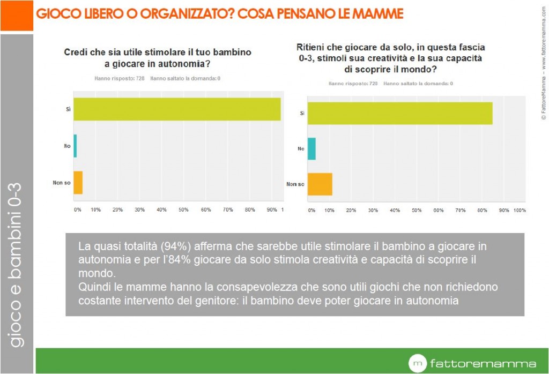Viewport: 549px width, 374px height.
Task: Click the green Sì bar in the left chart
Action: (177, 109)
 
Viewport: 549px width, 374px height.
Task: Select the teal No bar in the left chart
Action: (75, 146)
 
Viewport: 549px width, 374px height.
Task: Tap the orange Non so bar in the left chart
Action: (78, 183)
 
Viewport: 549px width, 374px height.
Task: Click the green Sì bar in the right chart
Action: (400, 113)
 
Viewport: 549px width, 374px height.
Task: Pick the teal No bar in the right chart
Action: (311, 148)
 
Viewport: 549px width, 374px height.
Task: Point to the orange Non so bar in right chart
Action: (320, 184)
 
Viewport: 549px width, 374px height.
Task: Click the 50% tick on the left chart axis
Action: (183, 210)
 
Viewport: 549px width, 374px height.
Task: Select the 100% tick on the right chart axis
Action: (520, 211)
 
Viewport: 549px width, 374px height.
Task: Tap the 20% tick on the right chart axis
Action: (351, 211)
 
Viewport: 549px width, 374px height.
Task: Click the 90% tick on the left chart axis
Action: (271, 210)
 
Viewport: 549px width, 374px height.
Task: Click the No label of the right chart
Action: (301, 148)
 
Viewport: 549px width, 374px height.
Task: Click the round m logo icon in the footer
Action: (417, 363)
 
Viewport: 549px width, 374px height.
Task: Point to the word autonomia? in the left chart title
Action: (177, 64)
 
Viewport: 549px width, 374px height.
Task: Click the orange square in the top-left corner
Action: (16, 15)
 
